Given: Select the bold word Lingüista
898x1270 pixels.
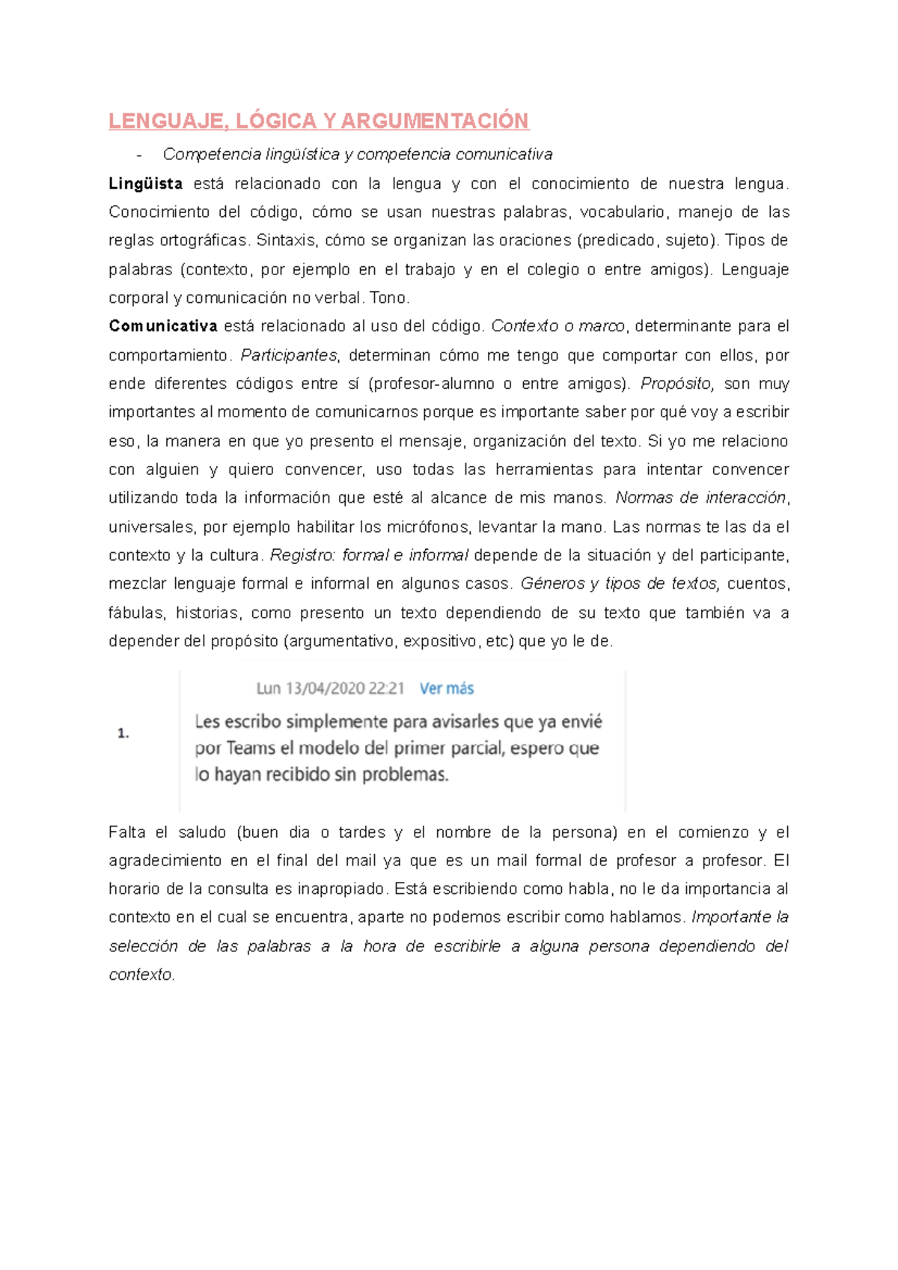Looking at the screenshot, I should pos(145,184).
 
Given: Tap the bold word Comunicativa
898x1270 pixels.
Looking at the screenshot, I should pos(162,326).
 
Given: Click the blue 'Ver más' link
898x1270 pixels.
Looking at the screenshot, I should pos(446,688).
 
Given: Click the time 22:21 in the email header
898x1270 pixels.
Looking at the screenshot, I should pos(386,688).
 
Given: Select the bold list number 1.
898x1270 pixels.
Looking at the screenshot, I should pos(123,734).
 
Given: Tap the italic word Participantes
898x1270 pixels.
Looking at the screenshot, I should pos(289,355).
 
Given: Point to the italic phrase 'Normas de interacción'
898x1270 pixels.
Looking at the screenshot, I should pos(701,498).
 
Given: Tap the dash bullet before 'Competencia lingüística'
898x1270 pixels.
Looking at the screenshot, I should pos(139,155).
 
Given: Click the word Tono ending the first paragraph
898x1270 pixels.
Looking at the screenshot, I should pos(388,298).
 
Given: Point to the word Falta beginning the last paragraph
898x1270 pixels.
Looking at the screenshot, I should pos(126,832).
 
